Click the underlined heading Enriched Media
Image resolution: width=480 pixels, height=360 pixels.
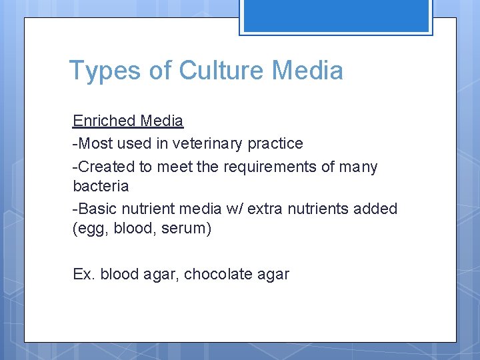coord(128,121)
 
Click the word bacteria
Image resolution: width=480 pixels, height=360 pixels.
coord(101,185)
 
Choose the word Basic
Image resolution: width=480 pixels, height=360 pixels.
coord(96,209)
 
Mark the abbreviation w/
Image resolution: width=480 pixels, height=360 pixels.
coord(235,209)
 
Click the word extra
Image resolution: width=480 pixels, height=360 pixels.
coord(269,209)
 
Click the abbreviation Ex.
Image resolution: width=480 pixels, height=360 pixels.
coord(84,274)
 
